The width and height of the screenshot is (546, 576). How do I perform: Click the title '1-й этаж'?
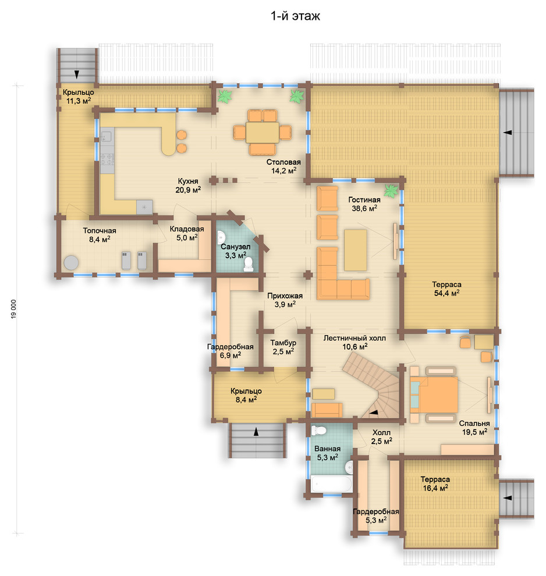(x=295, y=16)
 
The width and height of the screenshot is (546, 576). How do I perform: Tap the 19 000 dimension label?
(x=14, y=309)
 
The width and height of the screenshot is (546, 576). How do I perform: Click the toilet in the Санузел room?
(x=249, y=264)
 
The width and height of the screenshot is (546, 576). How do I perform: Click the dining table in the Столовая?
(x=263, y=132)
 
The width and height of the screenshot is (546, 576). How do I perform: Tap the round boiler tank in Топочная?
(x=71, y=262)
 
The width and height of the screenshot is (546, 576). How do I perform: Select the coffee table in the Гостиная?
(x=355, y=250)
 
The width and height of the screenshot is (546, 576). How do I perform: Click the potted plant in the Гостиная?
(x=391, y=191)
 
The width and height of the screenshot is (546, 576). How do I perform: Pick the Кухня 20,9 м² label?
(x=188, y=186)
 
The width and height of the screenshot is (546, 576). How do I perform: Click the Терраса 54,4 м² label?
(x=446, y=289)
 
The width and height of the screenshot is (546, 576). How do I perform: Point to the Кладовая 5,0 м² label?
(x=187, y=233)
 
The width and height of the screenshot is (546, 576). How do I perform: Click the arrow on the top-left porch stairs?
(x=77, y=74)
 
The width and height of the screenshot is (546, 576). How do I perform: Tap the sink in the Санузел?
(x=221, y=236)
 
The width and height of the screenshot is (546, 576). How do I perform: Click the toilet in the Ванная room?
(x=318, y=430)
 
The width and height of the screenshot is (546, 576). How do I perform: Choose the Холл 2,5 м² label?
(x=381, y=437)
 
